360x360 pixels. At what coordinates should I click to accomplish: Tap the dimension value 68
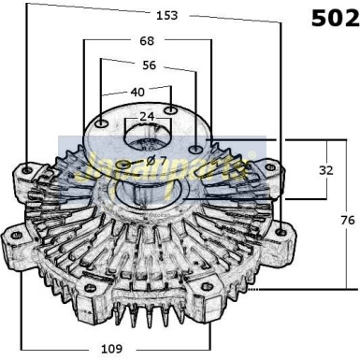146,41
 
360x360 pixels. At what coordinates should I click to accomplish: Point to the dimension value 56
149,65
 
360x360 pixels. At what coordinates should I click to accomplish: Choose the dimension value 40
137,92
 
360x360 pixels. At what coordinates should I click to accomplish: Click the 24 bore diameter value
147,117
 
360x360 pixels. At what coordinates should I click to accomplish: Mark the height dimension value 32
325,170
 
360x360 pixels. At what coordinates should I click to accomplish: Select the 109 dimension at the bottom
112,349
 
